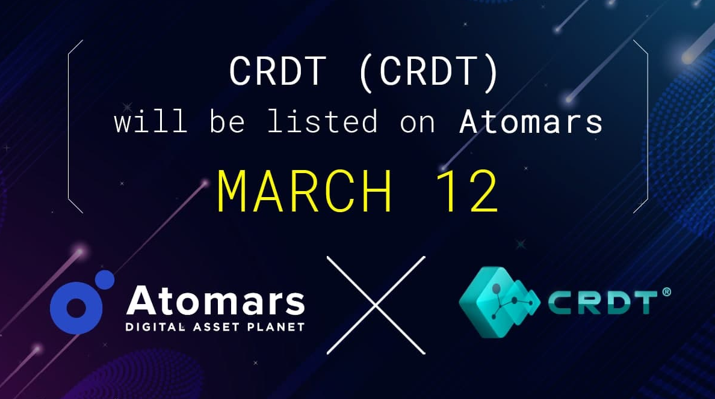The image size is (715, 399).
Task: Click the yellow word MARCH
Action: point(304,191)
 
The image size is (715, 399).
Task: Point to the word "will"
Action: point(150,121)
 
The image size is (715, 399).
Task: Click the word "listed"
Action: point(322,121)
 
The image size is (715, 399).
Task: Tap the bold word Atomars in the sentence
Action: point(531,121)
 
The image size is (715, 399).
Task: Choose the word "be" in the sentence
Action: point(227,121)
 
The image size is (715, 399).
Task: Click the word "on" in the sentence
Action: point(417,124)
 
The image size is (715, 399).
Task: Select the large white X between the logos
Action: point(376,305)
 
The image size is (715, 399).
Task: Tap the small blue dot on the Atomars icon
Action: point(105,279)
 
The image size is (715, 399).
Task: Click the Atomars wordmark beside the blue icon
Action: point(215,300)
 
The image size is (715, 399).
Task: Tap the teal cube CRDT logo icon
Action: point(499,302)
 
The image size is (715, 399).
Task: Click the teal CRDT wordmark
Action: point(602,303)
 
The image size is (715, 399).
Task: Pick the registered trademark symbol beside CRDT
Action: point(666,291)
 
